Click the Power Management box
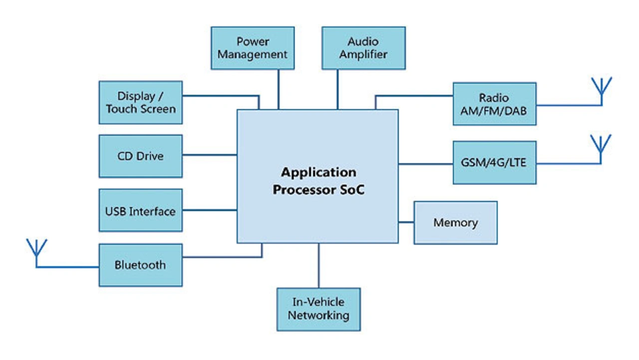[x=253, y=48]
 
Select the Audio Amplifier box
[x=363, y=48]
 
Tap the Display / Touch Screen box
[x=141, y=102]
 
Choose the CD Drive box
[x=141, y=156]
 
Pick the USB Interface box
[x=141, y=210]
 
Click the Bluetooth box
[x=141, y=265]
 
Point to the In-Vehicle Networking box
[x=319, y=309]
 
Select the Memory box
[x=455, y=223]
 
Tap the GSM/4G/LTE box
[x=494, y=163]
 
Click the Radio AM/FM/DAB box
[x=494, y=104]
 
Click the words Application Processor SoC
[x=319, y=181]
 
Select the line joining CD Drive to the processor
[x=210, y=155]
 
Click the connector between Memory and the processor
[x=406, y=222]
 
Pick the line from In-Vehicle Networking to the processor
[x=319, y=266]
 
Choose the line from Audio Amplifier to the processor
[x=338, y=89]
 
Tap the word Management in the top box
[x=253, y=54]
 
